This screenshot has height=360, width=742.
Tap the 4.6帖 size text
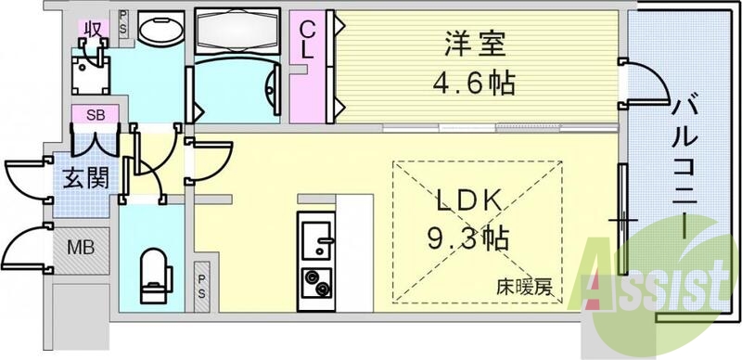[x=472, y=83]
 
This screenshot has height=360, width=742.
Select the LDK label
[x=469, y=199]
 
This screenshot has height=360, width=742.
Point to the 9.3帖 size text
[x=469, y=239]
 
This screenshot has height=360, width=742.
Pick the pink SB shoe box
[x=95, y=116]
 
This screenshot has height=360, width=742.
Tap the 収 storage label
[x=93, y=28]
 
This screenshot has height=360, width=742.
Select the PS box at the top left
[x=124, y=24]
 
